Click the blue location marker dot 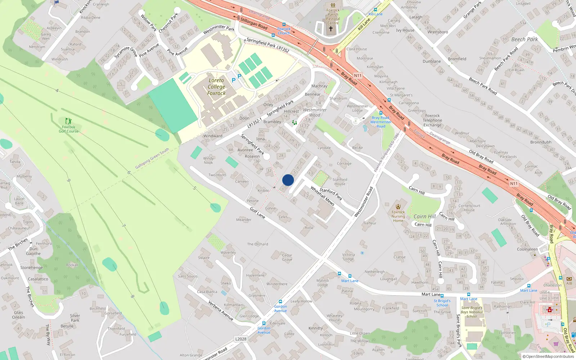click(x=288, y=180)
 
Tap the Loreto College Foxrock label click(x=216, y=87)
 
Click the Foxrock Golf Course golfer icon click(x=68, y=121)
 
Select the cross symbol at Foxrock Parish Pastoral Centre click(x=331, y=29)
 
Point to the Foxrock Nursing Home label click(x=398, y=216)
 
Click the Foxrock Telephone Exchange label click(x=432, y=121)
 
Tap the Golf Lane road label click(x=257, y=213)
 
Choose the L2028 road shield click(x=241, y=339)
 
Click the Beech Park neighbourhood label click(x=525, y=39)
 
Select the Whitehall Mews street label click(x=323, y=196)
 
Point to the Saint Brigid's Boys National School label click(x=472, y=312)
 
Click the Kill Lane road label click(x=364, y=24)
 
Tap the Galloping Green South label click(x=152, y=159)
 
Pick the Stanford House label click(x=340, y=181)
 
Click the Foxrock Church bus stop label click(x=284, y=31)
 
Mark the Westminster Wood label click(x=315, y=112)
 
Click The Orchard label click(x=257, y=244)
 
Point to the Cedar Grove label click(x=287, y=257)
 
